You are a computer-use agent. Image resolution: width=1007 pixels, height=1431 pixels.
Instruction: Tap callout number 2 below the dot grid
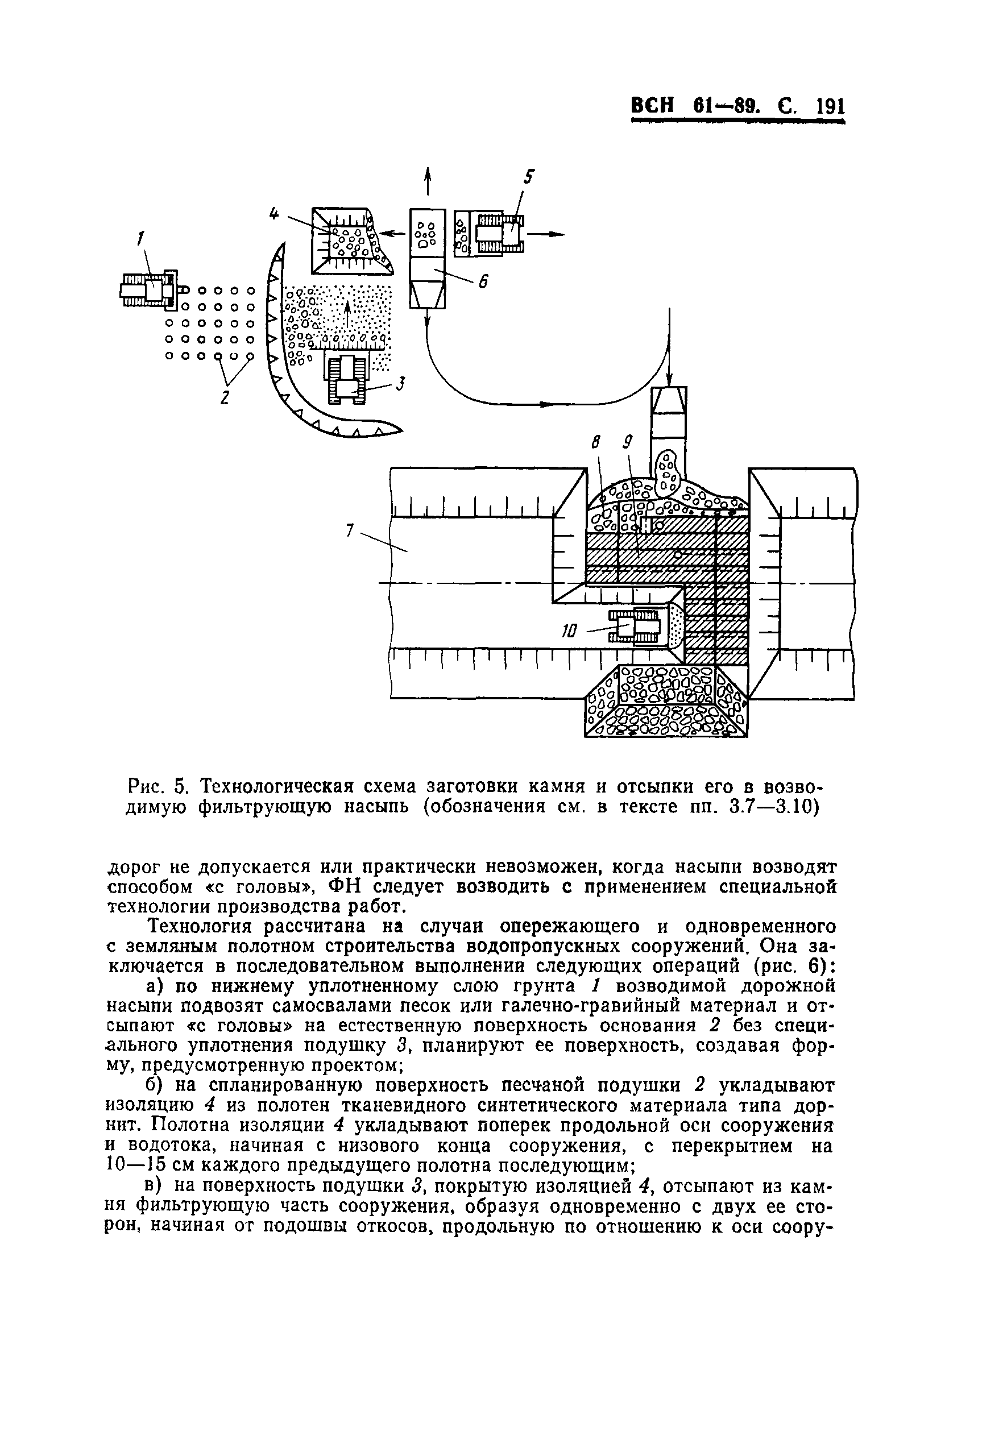225,397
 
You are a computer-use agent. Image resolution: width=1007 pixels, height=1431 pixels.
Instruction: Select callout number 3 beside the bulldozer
400,384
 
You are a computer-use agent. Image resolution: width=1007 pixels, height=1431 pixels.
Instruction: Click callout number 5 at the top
528,177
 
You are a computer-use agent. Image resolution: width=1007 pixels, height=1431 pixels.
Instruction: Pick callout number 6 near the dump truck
481,282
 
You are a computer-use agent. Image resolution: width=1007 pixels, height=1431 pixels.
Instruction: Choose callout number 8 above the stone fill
596,443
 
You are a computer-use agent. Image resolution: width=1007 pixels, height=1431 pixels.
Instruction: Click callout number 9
626,442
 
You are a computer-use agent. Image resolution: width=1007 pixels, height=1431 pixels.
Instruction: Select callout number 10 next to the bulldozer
570,632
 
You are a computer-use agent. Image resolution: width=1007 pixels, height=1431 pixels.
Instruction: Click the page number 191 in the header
830,106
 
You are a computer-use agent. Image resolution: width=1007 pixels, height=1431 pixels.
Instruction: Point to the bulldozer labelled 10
635,626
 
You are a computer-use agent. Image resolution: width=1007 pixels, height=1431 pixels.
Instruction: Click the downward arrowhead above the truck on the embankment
669,380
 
